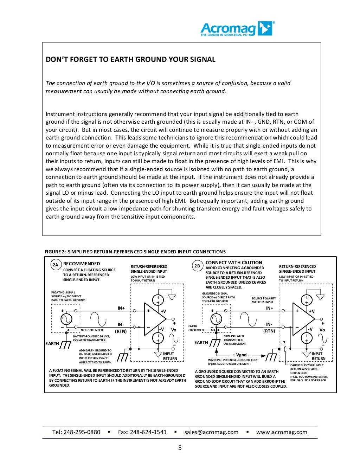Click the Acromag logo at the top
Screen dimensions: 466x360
tap(237, 29)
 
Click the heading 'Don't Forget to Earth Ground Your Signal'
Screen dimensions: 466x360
tap(130, 59)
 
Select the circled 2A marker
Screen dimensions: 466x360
tap(56, 265)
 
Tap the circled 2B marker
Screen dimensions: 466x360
tap(197, 266)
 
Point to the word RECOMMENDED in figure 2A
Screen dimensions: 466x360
tap(82, 264)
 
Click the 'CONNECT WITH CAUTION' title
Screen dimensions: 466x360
tap(234, 263)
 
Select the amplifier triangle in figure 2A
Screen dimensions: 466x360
tap(153, 318)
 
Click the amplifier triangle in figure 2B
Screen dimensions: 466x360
tap(302, 318)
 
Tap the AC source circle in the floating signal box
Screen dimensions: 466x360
tap(66, 319)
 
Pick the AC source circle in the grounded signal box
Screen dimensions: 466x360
tap(216, 319)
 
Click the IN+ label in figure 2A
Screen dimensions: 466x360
tap(121, 308)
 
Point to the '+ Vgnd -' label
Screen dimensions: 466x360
tap(241, 355)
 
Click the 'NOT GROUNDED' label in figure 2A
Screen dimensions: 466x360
tap(92, 330)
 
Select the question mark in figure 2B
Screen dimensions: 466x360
tap(284, 343)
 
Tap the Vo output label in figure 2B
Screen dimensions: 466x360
tap(322, 330)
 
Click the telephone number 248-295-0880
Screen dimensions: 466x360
tap(82, 432)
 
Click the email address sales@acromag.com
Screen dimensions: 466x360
tap(211, 432)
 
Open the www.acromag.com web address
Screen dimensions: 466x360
tap(282, 432)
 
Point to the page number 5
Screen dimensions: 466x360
tap(180, 448)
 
